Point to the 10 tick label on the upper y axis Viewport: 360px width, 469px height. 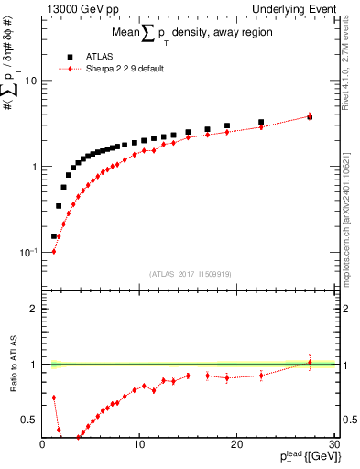[30, 81]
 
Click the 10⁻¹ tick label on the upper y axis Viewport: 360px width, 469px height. [27, 252]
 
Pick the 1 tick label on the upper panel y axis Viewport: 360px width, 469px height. [34, 167]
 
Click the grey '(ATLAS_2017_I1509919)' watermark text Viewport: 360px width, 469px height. [191, 273]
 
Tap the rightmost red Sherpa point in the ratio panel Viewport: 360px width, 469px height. [310, 363]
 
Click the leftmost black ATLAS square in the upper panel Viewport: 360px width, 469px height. [54, 235]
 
